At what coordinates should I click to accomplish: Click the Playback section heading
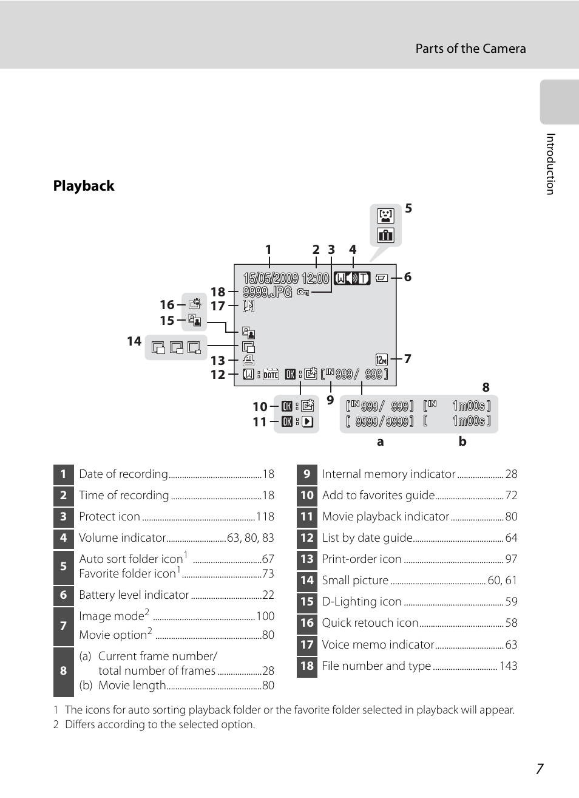tap(84, 186)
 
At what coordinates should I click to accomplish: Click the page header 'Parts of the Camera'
tap(470, 49)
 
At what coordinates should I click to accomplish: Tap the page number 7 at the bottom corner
tap(540, 769)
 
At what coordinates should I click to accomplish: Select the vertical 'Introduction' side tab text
tap(550, 164)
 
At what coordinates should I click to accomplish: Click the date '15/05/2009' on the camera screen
tap(271, 278)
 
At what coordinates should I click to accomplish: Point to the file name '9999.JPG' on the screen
tap(268, 292)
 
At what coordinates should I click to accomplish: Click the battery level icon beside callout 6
tap(381, 278)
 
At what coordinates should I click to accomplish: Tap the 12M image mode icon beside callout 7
tap(381, 360)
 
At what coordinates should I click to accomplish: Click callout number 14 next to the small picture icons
tap(134, 341)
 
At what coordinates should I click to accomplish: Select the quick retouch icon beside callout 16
tap(194, 304)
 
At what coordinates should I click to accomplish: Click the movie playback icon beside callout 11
tap(308, 421)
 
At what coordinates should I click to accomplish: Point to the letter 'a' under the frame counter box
tap(381, 442)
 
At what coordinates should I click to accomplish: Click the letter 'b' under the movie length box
tap(462, 442)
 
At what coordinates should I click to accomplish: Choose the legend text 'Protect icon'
tap(110, 517)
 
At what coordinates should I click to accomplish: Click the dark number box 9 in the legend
tap(307, 474)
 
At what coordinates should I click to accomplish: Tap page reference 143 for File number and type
tap(508, 666)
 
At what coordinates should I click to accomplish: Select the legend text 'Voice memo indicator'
tap(378, 645)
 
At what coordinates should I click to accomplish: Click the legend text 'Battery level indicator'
tap(134, 595)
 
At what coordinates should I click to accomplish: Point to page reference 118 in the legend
tap(265, 517)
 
